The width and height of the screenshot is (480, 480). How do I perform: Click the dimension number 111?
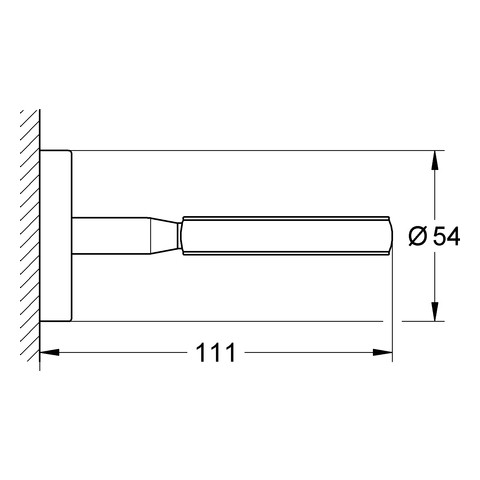(216, 353)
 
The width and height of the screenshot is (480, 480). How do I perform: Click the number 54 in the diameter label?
(446, 236)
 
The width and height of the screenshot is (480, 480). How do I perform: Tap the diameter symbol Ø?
(417, 236)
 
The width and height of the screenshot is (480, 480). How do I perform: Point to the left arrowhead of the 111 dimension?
(49, 352)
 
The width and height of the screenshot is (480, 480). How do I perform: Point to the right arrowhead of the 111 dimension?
(383, 352)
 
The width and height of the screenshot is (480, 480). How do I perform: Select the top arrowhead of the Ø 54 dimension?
(434, 160)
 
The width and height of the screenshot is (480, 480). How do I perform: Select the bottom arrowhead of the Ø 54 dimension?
(434, 311)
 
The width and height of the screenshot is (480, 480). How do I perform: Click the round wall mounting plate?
(56, 236)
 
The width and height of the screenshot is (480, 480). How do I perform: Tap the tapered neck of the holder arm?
(163, 236)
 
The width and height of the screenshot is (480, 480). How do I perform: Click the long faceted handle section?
(287, 236)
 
